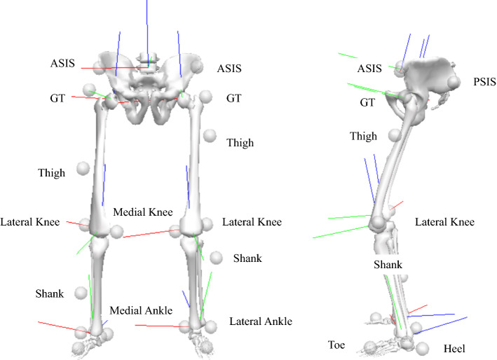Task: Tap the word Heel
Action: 455,348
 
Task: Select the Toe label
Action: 336,345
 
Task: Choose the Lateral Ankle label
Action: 260,321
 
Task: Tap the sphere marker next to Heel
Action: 422,347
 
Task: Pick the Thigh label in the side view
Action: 363,136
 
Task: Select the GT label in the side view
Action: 368,102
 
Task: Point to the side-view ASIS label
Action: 369,68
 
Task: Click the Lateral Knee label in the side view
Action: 444,222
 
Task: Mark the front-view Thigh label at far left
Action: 53,172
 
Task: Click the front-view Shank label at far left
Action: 49,292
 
